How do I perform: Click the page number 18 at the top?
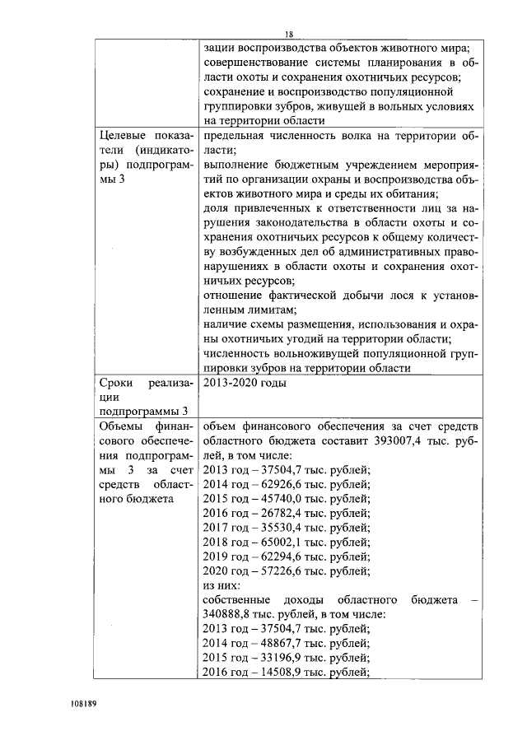point(289,34)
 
